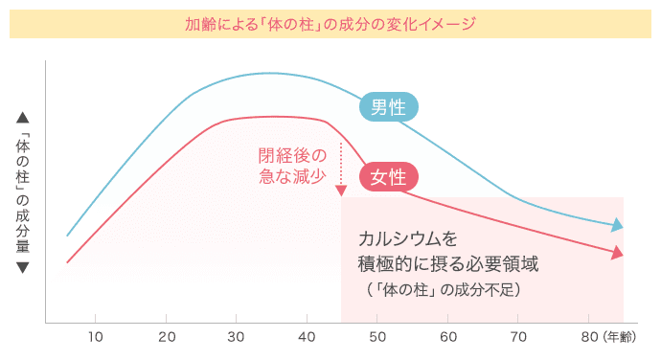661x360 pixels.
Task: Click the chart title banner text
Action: coord(330,24)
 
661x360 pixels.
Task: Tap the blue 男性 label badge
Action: coord(388,107)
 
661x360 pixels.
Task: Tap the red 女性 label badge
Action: coord(388,176)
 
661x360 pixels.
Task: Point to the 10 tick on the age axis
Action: coord(96,337)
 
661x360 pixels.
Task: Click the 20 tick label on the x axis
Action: coord(167,337)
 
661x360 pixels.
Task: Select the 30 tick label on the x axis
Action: coord(237,337)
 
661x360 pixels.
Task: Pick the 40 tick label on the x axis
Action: coord(308,337)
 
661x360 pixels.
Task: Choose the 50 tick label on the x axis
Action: coord(377,337)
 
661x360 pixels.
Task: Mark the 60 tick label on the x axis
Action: coord(448,337)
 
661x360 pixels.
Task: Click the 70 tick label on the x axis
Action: coord(518,337)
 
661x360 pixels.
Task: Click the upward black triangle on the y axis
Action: coord(23,119)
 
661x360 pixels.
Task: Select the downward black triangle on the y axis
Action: coord(23,267)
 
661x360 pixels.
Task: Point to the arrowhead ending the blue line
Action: coord(618,226)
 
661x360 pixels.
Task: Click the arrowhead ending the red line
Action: coord(618,254)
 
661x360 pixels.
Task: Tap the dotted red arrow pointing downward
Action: coord(341,168)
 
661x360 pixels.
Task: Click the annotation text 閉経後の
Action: coord(292,155)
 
